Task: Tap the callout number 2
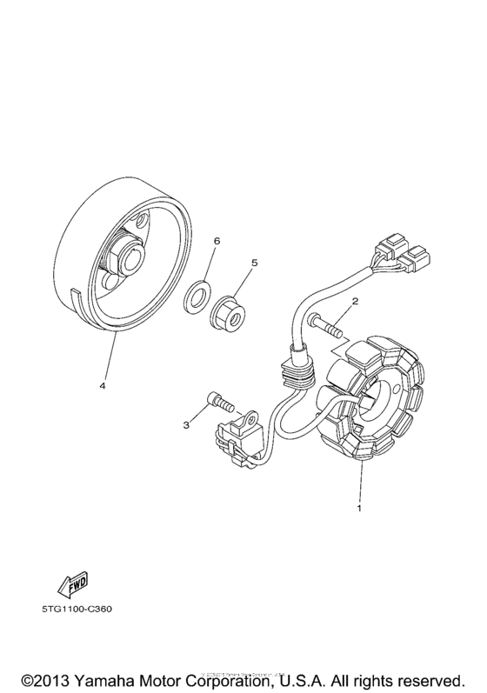(x=355, y=302)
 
